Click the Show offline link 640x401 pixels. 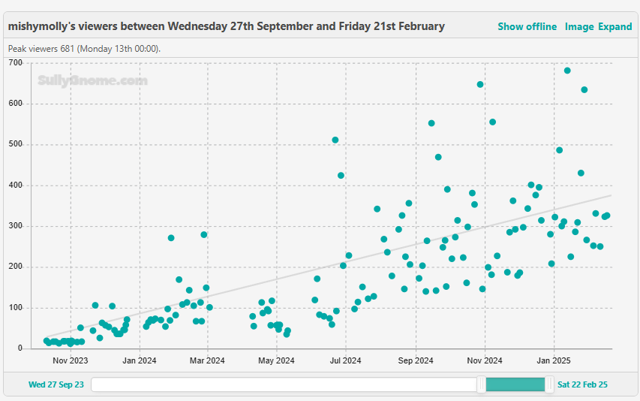(527, 26)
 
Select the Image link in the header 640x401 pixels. (578, 26)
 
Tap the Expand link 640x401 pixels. (614, 26)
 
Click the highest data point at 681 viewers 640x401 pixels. (567, 71)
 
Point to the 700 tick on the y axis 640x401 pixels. (16, 62)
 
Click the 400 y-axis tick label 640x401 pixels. (16, 185)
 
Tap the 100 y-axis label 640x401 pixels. (16, 308)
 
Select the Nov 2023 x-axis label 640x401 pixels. (71, 360)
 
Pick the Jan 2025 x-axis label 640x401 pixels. (554, 360)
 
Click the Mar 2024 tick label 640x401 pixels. (207, 360)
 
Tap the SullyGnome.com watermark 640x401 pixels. (92, 80)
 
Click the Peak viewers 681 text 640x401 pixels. (84, 49)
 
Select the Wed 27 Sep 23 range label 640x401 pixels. (56, 384)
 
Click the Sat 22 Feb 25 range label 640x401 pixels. (582, 384)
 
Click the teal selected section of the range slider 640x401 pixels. (515, 384)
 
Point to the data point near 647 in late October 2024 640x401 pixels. (480, 84)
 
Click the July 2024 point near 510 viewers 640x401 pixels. (335, 140)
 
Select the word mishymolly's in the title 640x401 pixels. (39, 26)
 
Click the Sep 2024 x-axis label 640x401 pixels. (415, 360)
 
